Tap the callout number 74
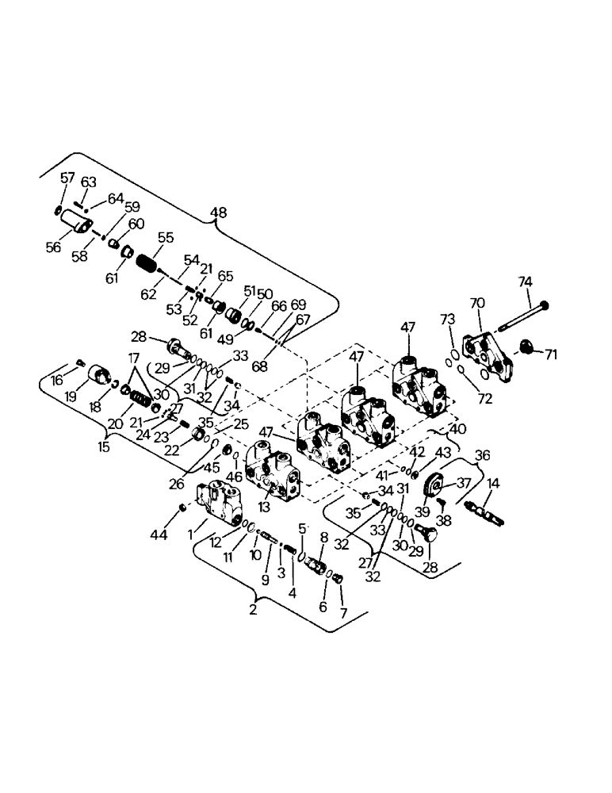pyautogui.click(x=525, y=282)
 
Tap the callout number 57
pyautogui.click(x=67, y=178)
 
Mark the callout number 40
pyautogui.click(x=457, y=429)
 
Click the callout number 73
pyautogui.click(x=448, y=319)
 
